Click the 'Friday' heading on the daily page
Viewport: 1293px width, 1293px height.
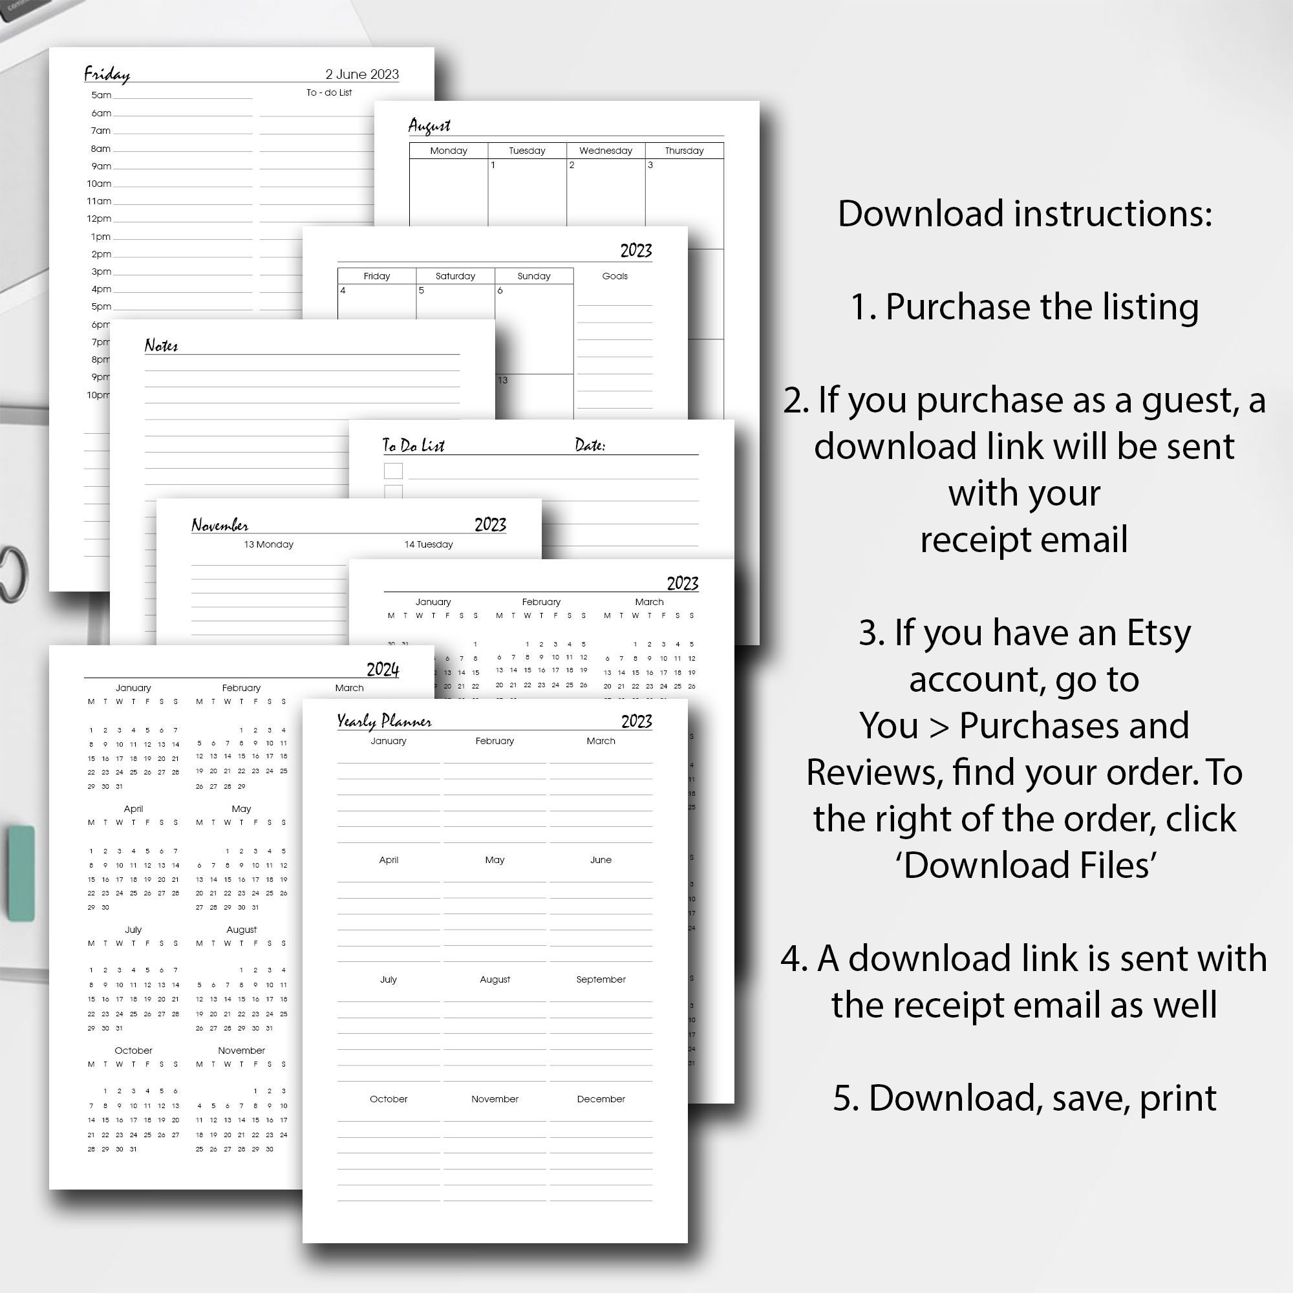[x=107, y=74]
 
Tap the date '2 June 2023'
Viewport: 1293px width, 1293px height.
[x=362, y=74]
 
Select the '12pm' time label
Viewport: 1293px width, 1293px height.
[x=99, y=219]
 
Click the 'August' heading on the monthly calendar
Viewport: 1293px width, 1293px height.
[x=429, y=126]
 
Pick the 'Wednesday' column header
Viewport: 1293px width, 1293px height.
[x=605, y=151]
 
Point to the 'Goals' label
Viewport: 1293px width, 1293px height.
[x=614, y=276]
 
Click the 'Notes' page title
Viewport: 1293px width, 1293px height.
[x=161, y=345]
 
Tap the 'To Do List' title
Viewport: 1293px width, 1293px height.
[x=413, y=445]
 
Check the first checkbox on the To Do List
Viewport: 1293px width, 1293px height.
[x=393, y=471]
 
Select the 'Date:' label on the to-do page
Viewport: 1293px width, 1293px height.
[x=590, y=445]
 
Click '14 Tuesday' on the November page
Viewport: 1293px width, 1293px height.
[x=429, y=544]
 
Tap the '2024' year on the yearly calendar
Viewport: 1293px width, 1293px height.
[x=382, y=669]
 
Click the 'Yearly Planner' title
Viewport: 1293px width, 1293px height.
[x=383, y=721]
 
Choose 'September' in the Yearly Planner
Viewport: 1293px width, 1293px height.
[x=601, y=979]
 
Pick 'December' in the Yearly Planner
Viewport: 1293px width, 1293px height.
[x=601, y=1099]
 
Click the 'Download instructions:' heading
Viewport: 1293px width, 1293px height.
[x=1025, y=213]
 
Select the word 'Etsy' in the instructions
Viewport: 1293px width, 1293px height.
[x=1159, y=632]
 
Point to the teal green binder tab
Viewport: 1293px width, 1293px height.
[x=21, y=873]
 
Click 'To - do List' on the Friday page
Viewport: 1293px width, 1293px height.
[x=328, y=92]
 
